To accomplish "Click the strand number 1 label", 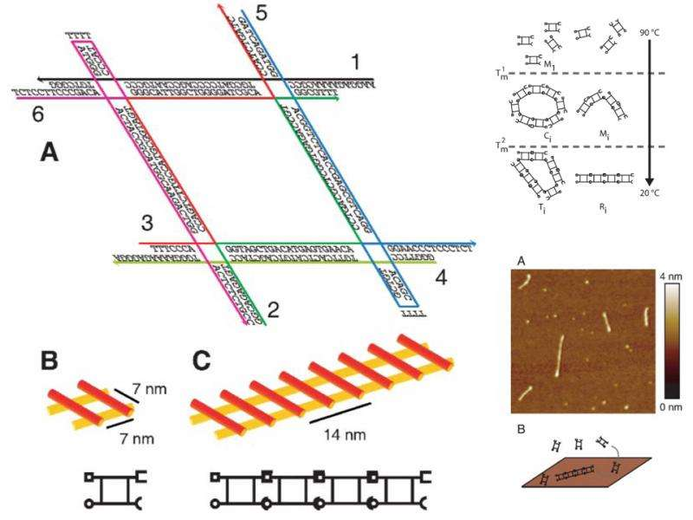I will (353, 62).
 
